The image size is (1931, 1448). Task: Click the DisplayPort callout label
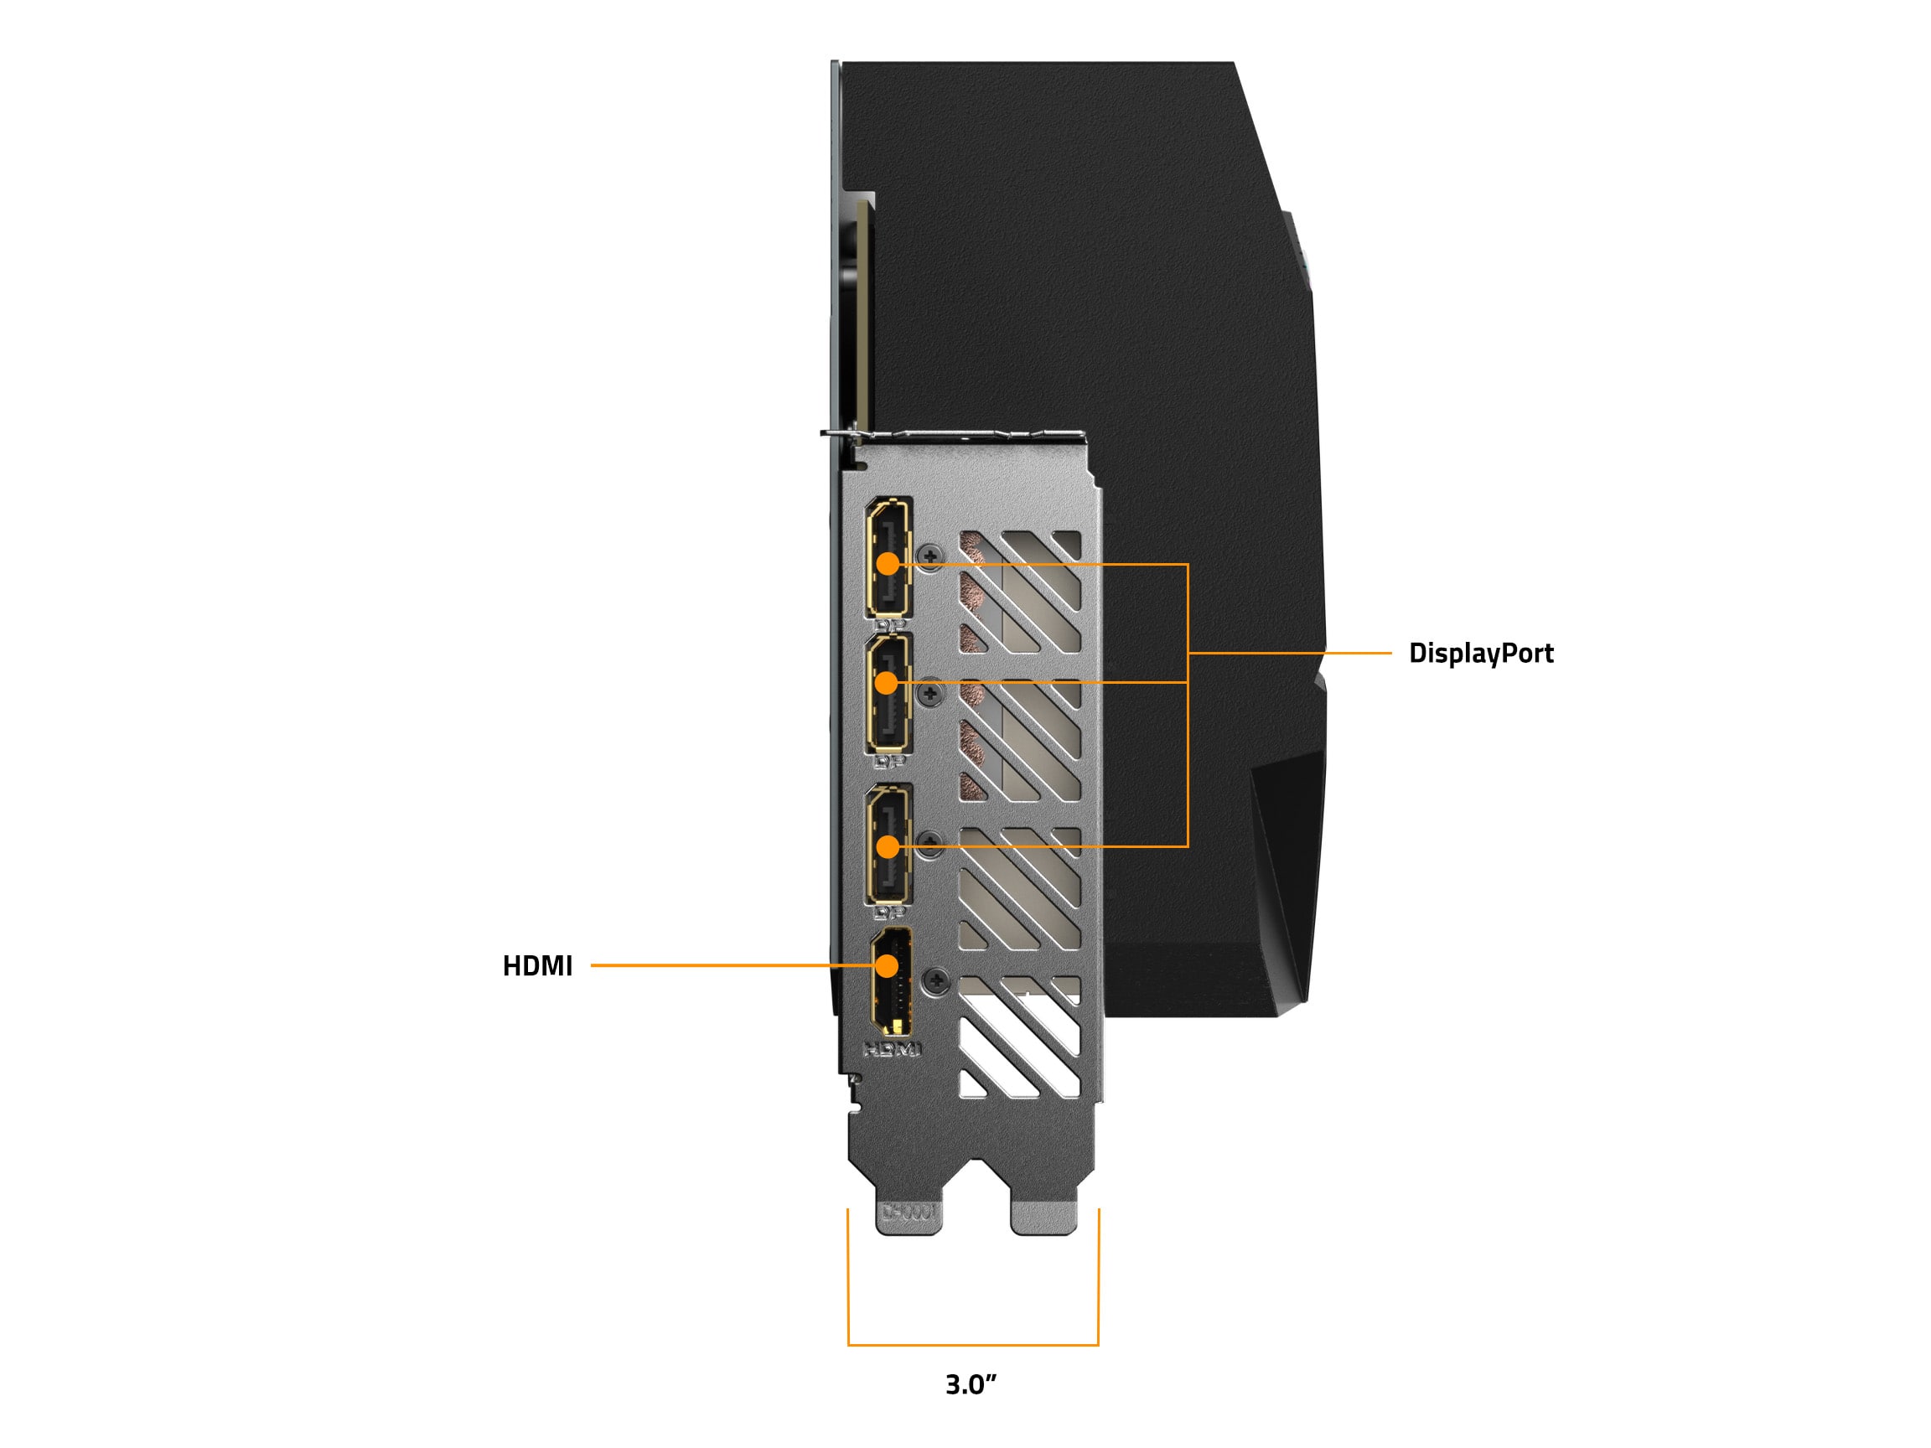point(1481,653)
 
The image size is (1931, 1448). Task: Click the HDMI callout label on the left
point(537,965)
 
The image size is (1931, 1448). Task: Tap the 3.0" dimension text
point(971,1384)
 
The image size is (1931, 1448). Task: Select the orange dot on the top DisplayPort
point(887,564)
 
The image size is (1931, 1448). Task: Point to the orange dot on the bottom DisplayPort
point(887,846)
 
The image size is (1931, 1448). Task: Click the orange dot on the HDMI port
point(887,965)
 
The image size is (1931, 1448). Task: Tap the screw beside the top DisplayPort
point(931,555)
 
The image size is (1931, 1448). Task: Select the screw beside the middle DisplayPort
point(933,694)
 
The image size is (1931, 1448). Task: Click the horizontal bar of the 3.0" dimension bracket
point(972,1345)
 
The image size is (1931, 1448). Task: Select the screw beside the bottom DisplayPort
point(932,840)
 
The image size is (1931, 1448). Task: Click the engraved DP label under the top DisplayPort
point(889,625)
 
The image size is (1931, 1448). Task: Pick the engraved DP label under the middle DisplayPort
point(889,761)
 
